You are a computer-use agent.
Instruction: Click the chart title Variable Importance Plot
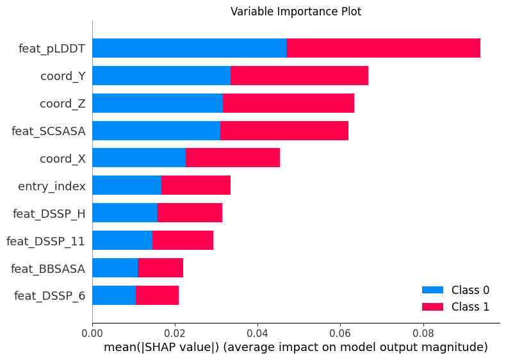click(295, 12)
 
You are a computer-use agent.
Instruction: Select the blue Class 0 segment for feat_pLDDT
click(189, 48)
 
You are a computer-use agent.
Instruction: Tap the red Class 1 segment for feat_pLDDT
click(383, 48)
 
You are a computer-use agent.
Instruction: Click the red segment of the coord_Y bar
click(299, 76)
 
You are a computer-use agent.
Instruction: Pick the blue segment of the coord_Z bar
click(158, 103)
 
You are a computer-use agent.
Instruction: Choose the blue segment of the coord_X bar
click(139, 158)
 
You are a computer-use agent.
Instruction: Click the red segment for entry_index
click(195, 185)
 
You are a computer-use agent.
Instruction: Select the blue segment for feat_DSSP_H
click(125, 213)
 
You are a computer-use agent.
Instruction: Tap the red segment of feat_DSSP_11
click(183, 240)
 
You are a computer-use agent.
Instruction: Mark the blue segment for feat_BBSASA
click(115, 268)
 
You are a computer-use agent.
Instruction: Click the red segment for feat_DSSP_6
click(157, 295)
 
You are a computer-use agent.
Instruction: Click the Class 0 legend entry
click(455, 290)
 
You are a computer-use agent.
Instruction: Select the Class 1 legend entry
click(455, 307)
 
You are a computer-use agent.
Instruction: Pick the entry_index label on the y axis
click(52, 186)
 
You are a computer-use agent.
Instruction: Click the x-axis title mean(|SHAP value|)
click(295, 348)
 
